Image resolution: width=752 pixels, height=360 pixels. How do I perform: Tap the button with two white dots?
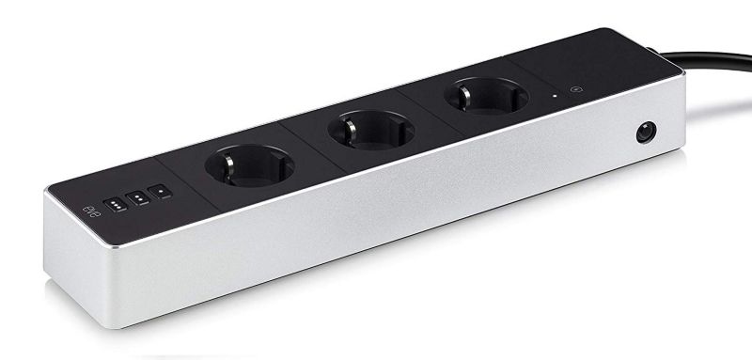(x=138, y=197)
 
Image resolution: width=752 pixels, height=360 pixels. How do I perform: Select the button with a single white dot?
(x=160, y=191)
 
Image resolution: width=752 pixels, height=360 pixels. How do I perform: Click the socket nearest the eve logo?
(x=249, y=165)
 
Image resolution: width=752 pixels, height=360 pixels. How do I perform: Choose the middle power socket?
(x=370, y=130)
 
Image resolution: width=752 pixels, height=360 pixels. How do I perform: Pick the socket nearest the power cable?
(x=486, y=96)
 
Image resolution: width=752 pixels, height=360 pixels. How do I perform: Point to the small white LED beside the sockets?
(x=555, y=95)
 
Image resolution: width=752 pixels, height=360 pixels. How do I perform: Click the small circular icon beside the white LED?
(x=576, y=88)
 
